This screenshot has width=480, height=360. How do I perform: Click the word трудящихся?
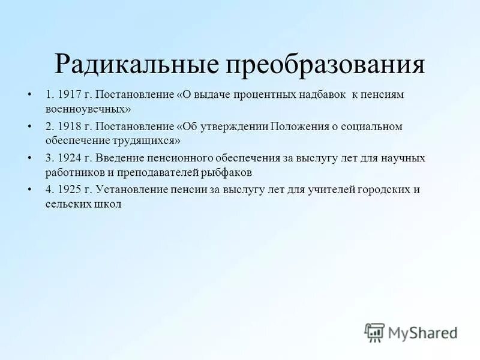point(149,140)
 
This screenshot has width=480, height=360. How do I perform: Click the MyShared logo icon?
point(374,332)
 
